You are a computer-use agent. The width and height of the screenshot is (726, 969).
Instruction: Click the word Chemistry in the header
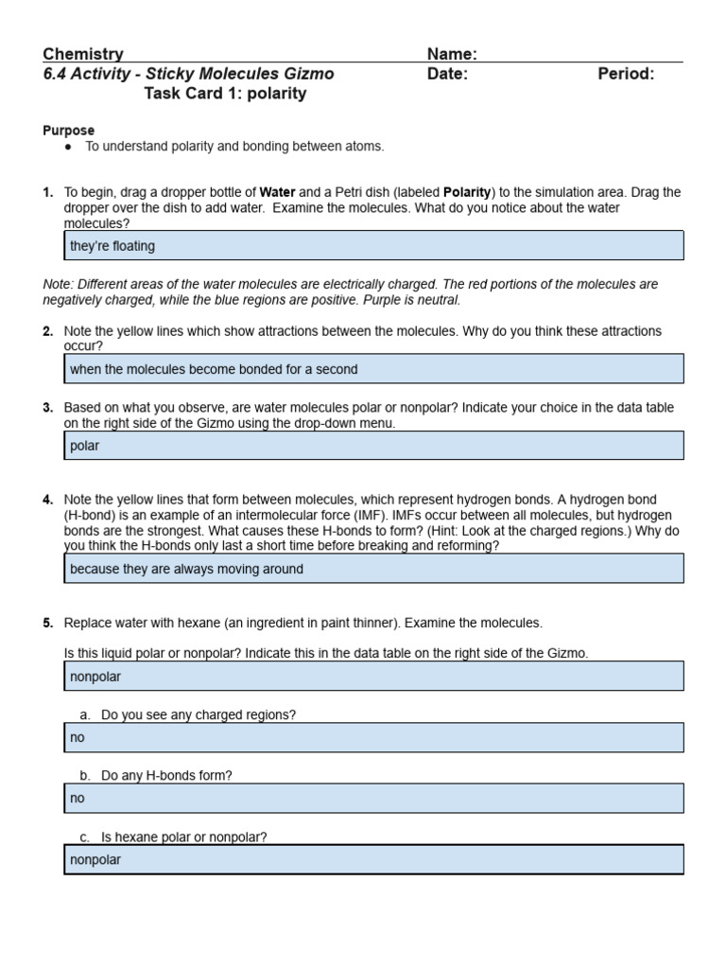coord(83,54)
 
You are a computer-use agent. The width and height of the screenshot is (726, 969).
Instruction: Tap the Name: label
coord(452,54)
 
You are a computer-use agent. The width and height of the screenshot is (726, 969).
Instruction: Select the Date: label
coord(447,74)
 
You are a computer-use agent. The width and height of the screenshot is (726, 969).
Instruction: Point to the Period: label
coord(626,74)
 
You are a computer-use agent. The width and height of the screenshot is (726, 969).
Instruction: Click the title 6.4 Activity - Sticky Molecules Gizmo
coord(188,74)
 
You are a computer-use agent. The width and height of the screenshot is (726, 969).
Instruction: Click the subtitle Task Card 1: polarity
coord(225,94)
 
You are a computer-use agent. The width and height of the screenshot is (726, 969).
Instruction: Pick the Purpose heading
coord(68,131)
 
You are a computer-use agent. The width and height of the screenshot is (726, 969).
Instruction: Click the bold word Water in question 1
coord(279,192)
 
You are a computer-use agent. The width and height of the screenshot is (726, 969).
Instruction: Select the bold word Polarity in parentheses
coord(466,192)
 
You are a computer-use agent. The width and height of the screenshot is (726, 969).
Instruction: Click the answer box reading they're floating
coord(373,246)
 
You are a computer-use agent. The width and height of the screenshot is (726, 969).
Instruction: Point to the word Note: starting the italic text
coord(59,284)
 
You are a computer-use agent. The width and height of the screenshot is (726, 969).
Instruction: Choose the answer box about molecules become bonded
coord(373,369)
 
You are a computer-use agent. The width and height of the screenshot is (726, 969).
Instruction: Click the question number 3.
coord(47,408)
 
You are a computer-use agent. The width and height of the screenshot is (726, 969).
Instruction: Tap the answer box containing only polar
coord(373,446)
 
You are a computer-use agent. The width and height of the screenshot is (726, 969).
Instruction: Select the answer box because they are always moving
coord(373,569)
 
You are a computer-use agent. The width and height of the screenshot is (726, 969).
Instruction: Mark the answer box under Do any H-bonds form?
coord(373,798)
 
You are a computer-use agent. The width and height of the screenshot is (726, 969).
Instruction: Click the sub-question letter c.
coord(84,837)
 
